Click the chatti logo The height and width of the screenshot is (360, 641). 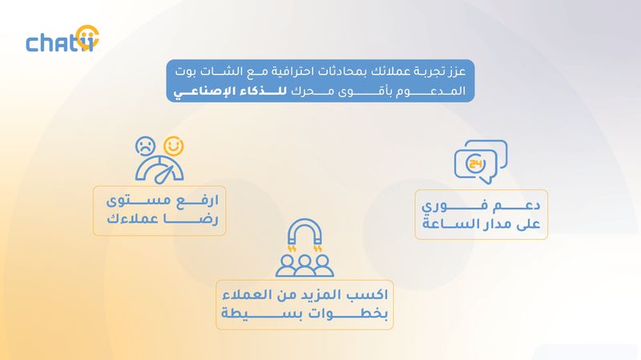tap(62, 39)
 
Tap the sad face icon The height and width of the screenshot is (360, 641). tap(145, 146)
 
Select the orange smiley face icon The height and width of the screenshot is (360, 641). tap(174, 146)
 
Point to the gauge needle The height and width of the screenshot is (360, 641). tap(164, 174)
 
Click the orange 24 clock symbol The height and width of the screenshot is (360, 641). tap(476, 164)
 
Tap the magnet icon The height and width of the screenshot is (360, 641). tap(304, 233)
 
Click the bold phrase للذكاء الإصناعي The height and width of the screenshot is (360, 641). tap(230, 91)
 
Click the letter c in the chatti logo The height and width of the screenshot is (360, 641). tap(32, 44)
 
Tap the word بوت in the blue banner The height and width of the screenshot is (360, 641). tap(186, 71)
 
